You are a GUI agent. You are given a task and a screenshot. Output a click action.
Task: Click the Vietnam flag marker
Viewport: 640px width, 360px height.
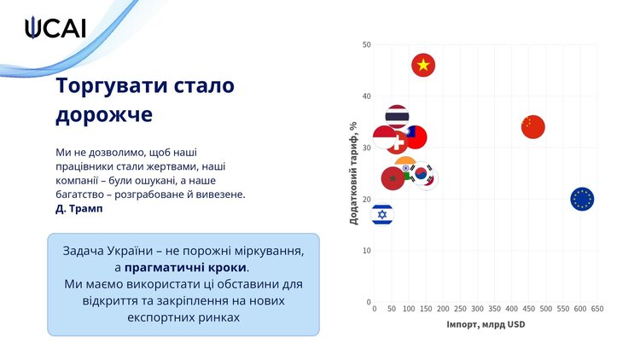pos(423,66)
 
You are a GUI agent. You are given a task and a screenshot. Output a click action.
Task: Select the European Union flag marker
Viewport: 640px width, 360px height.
pos(582,199)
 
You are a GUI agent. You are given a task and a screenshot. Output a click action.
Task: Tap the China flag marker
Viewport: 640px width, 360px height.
pos(533,127)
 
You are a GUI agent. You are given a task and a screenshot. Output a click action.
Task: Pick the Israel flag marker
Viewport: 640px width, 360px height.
pos(382,214)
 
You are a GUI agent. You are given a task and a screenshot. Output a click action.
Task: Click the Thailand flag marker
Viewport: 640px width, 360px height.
pos(397,117)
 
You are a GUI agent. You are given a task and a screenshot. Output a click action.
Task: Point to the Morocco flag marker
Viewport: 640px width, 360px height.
pos(393,178)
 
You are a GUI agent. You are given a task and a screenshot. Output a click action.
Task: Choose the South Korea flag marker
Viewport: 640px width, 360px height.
pos(422,174)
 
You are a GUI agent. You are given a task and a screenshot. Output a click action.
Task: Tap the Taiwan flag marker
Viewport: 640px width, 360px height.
pos(416,137)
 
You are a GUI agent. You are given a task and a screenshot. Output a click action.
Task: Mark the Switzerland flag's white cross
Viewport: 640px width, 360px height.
pos(399,142)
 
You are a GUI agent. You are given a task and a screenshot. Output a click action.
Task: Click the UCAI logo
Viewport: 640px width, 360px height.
pos(55,28)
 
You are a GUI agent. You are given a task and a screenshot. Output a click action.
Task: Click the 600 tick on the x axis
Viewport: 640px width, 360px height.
pos(580,309)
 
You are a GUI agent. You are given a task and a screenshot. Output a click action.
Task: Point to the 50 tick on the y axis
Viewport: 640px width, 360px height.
pos(367,44)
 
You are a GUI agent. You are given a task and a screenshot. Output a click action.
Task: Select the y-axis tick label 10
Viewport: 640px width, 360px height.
pos(367,251)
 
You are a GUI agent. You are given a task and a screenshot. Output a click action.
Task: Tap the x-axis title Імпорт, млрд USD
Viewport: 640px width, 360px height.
pos(486,324)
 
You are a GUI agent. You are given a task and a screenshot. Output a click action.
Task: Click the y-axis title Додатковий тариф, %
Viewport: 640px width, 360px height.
pos(353,173)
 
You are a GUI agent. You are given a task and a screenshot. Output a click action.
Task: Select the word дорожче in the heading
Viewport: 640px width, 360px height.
pos(104,114)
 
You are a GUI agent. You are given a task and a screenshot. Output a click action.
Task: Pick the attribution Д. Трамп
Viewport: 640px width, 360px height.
pos(79,208)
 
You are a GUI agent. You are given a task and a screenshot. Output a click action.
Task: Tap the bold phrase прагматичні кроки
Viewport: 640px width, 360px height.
pos(185,268)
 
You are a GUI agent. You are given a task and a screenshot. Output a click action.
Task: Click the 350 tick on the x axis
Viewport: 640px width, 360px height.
pos(494,309)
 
